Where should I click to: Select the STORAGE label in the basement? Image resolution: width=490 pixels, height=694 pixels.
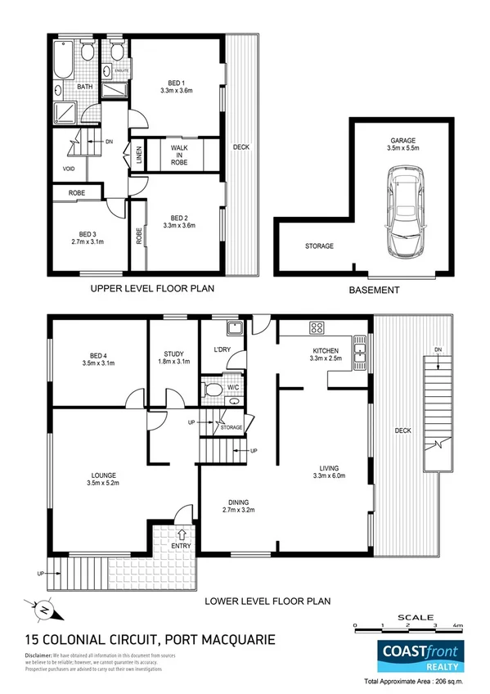point(319,246)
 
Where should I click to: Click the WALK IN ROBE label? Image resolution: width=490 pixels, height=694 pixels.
point(179,155)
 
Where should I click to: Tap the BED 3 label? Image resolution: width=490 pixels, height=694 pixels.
point(83,232)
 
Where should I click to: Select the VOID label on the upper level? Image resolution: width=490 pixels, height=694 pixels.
point(69,169)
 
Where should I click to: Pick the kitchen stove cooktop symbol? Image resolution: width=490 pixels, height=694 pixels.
point(317,328)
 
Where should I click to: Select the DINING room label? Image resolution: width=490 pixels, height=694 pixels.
point(238,502)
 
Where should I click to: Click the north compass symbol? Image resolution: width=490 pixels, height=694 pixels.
point(44,608)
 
